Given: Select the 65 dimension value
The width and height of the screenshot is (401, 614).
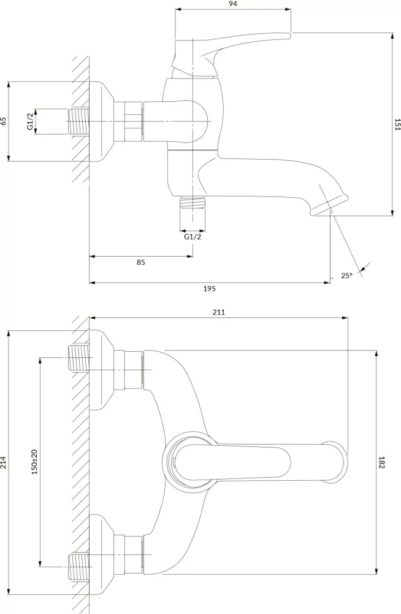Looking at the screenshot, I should tap(4, 121).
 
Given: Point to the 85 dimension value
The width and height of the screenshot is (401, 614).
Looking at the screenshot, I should tap(140, 262).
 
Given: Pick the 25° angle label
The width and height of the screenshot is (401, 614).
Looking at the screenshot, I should tap(346, 276).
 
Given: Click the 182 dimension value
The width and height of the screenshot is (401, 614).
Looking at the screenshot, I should tap(381, 464).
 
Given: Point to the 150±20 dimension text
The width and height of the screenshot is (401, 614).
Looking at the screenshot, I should tap(35, 460).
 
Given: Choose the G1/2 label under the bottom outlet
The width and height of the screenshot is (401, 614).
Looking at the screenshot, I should tap(192, 237).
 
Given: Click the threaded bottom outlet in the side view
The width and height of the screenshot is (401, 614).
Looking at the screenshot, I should tap(192, 203).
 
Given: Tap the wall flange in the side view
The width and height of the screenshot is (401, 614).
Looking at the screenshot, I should tap(101, 121).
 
